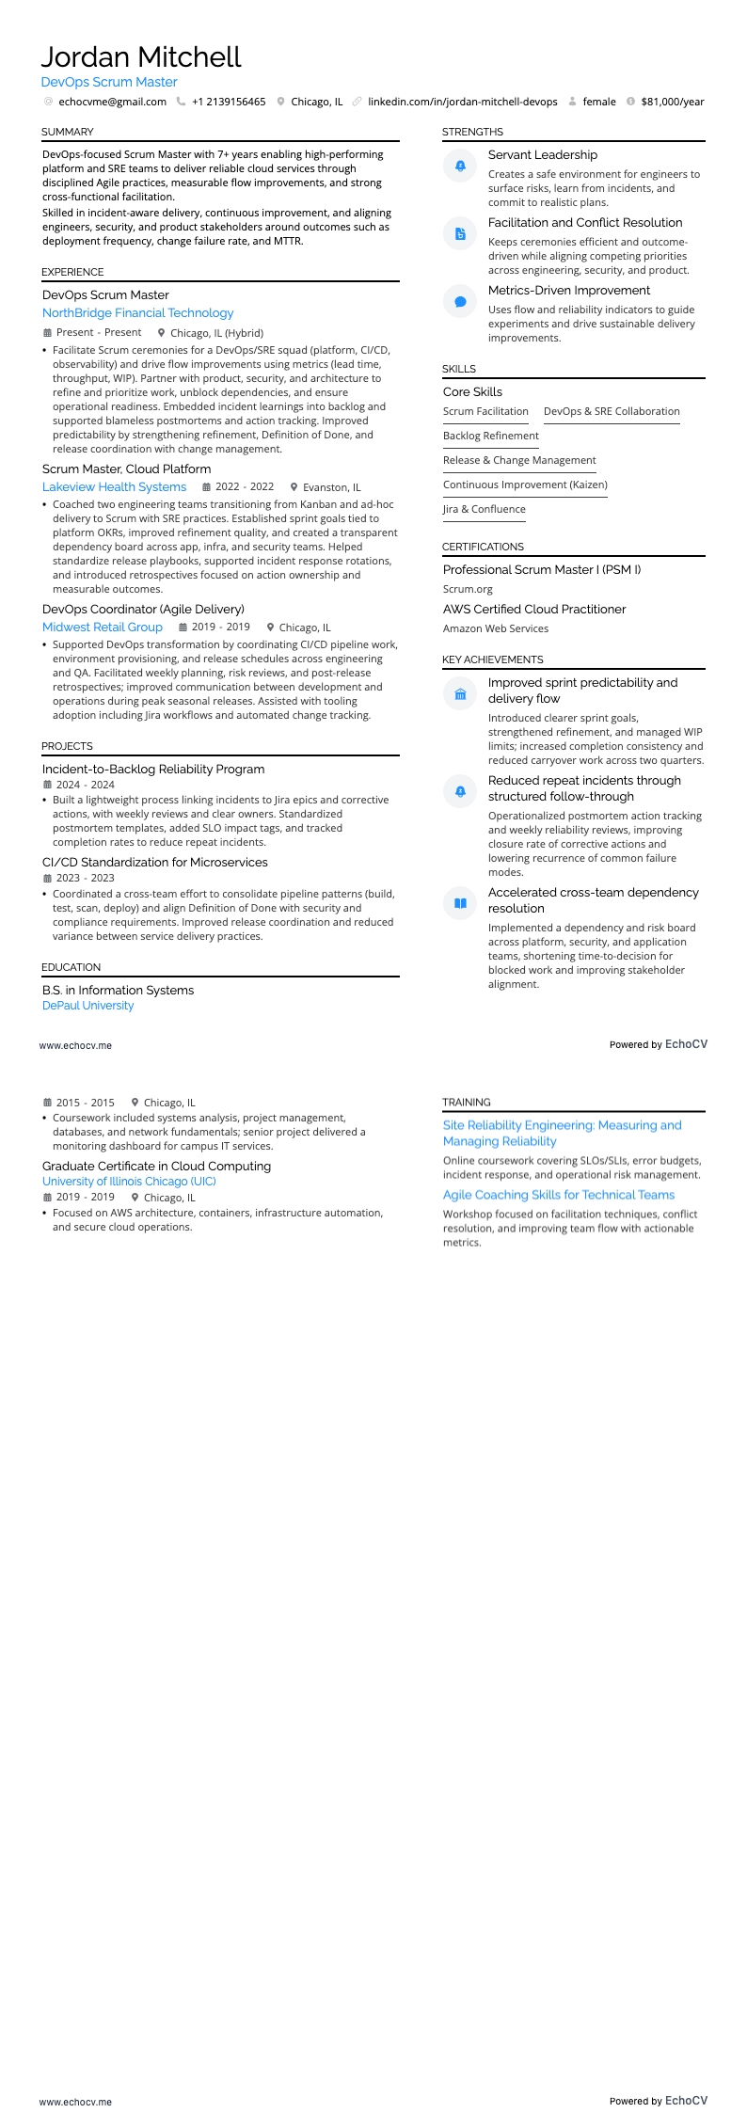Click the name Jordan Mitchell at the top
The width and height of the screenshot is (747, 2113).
[141, 57]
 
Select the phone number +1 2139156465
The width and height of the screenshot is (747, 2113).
[228, 102]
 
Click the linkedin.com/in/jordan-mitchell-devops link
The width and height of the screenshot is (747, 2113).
[462, 102]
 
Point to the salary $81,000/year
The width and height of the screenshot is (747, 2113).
[672, 102]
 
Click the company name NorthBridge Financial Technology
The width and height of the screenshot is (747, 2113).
[137, 313]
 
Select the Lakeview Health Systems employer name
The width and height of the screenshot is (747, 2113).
[114, 487]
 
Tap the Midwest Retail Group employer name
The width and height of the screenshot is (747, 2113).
[103, 628]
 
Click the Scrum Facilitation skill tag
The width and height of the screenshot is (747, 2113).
[485, 411]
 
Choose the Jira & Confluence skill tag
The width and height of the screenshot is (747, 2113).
[484, 509]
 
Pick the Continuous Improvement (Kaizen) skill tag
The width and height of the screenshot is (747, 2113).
[525, 485]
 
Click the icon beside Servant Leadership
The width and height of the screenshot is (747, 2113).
[460, 166]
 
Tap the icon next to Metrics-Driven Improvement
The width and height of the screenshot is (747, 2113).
[460, 302]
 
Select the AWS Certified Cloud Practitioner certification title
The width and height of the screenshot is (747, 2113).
[534, 610]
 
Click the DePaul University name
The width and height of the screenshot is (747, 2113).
[87, 1006]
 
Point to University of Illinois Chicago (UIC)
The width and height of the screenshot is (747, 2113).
[129, 1182]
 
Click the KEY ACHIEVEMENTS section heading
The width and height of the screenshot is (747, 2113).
[492, 659]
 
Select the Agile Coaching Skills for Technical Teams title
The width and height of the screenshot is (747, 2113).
[559, 1195]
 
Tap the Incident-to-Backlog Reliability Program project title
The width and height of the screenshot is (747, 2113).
[153, 770]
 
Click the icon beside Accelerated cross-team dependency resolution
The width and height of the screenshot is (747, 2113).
[460, 903]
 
